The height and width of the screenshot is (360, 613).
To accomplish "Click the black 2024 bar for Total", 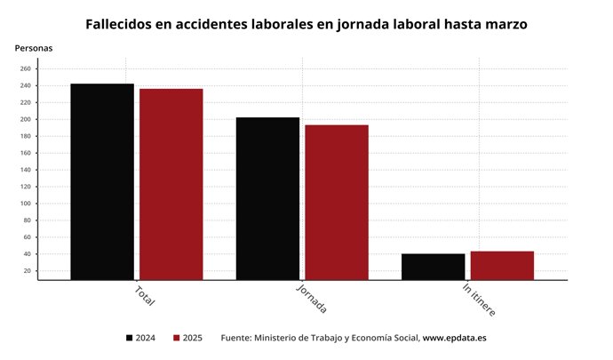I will click(x=102, y=181).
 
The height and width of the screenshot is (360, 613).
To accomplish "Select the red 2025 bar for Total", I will click(x=171, y=184).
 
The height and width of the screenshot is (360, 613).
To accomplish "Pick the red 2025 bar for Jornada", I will click(x=336, y=202).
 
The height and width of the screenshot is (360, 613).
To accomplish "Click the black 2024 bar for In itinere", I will click(x=433, y=267).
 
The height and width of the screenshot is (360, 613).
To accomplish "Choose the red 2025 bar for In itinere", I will click(x=502, y=265).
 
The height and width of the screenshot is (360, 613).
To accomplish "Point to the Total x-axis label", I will click(x=145, y=295).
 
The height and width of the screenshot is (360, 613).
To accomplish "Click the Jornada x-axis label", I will click(x=311, y=299).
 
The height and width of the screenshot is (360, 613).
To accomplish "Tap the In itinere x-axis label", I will click(x=479, y=300).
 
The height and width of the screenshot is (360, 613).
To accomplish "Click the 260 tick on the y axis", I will click(x=26, y=68).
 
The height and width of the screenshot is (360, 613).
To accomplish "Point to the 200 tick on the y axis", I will click(x=26, y=119).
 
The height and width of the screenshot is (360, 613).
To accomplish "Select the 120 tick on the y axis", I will click(x=26, y=187).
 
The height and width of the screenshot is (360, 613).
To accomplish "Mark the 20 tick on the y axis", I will click(x=28, y=271).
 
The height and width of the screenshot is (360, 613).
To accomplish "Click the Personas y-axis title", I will click(x=33, y=47).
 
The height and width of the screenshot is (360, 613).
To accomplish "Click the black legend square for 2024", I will click(x=130, y=338).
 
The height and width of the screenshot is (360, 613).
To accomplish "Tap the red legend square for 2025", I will click(x=177, y=338).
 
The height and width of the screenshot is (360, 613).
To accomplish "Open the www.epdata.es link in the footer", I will click(x=454, y=338).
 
